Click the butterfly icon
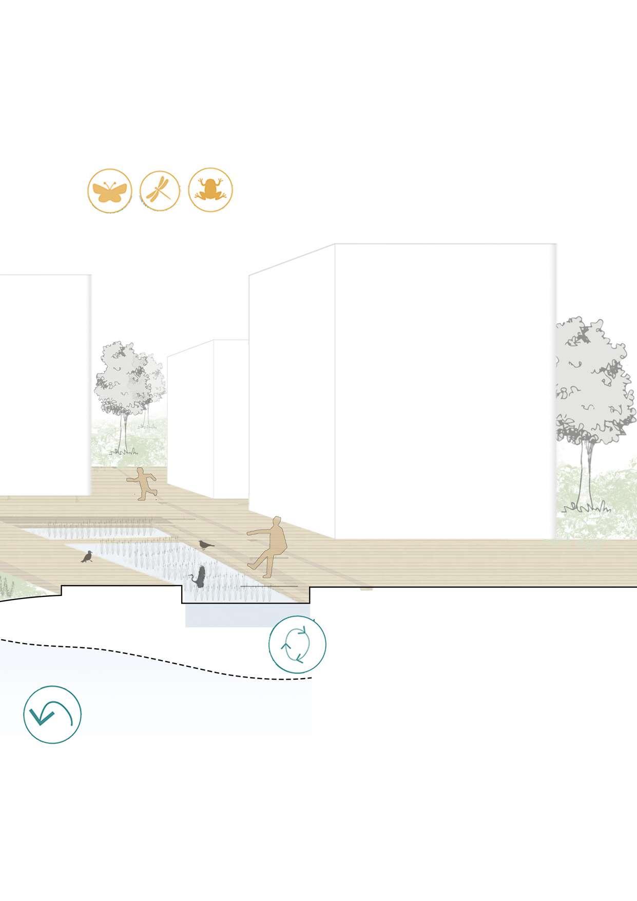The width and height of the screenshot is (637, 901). [x=109, y=191]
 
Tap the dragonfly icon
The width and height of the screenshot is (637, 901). [x=160, y=190]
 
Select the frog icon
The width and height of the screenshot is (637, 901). [x=210, y=190]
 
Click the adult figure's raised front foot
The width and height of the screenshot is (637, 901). [x=252, y=566]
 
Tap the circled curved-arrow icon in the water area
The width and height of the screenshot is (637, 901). [x=52, y=714]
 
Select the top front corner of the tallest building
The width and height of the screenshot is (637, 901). [x=335, y=245]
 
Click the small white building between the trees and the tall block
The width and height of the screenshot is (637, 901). [x=205, y=411]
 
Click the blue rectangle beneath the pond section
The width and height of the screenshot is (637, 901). [x=246, y=615]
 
